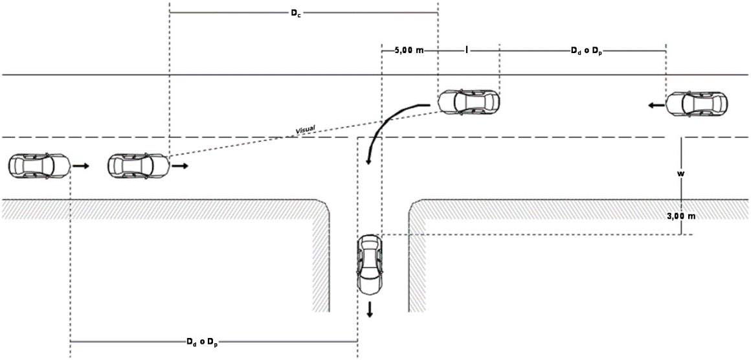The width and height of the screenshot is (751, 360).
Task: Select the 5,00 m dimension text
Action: pyautogui.click(x=409, y=50)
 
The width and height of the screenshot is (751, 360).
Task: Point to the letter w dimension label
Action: pyautogui.click(x=681, y=174)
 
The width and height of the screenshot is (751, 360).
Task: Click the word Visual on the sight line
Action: pyautogui.click(x=305, y=130)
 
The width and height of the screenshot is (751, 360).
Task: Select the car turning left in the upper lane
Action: pyautogui.click(x=468, y=102)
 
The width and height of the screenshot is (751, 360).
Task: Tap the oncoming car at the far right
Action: pyautogui.click(x=697, y=104)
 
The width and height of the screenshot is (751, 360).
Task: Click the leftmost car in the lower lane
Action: pyautogui.click(x=39, y=166)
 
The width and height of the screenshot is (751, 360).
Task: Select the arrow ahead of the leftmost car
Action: pyautogui.click(x=81, y=166)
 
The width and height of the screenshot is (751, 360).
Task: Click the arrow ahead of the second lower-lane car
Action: pyautogui.click(x=181, y=166)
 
